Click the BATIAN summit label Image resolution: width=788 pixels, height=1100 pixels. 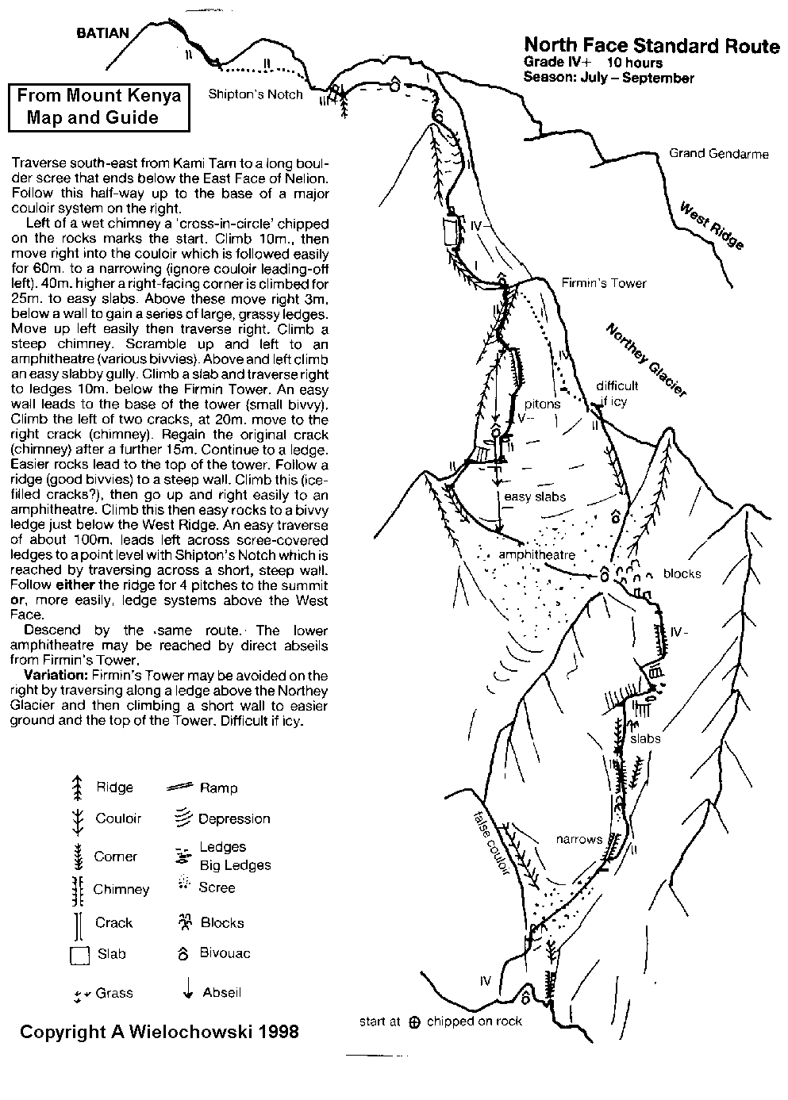click(102, 33)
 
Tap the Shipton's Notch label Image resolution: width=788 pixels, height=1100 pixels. click(256, 94)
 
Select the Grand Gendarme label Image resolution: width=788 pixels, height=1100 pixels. click(718, 154)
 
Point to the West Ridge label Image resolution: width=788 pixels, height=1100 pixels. click(712, 225)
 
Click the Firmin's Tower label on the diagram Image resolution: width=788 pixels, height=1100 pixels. click(603, 283)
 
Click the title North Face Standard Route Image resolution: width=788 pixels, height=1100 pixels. click(652, 47)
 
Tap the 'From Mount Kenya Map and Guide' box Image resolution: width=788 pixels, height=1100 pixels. click(98, 107)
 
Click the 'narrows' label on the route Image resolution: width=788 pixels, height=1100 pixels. click(579, 839)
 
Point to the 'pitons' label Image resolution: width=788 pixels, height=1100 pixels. click(543, 404)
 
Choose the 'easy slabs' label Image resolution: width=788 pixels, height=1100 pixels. click(535, 496)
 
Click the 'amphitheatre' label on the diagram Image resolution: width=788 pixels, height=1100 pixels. click(536, 555)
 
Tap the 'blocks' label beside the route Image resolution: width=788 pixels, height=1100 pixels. click(682, 573)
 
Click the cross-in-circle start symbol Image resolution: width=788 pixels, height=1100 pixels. click(413, 1022)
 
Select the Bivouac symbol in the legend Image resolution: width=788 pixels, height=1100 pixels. click(183, 953)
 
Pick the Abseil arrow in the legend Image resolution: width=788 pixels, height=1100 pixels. click(187, 990)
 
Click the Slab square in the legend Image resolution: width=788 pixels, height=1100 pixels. click(79, 956)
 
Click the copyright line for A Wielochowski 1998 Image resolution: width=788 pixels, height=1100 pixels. click(159, 1032)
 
